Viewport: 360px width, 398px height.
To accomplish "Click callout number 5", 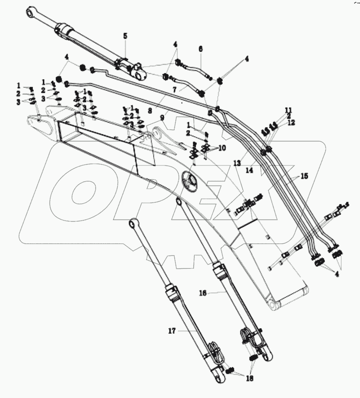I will click(x=125, y=37).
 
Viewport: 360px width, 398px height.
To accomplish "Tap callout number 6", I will click(x=200, y=49).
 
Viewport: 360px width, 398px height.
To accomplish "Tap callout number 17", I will click(x=171, y=331).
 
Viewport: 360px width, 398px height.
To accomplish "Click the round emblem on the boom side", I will click(x=191, y=181).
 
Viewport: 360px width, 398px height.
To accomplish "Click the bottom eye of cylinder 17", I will click(x=217, y=378).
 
